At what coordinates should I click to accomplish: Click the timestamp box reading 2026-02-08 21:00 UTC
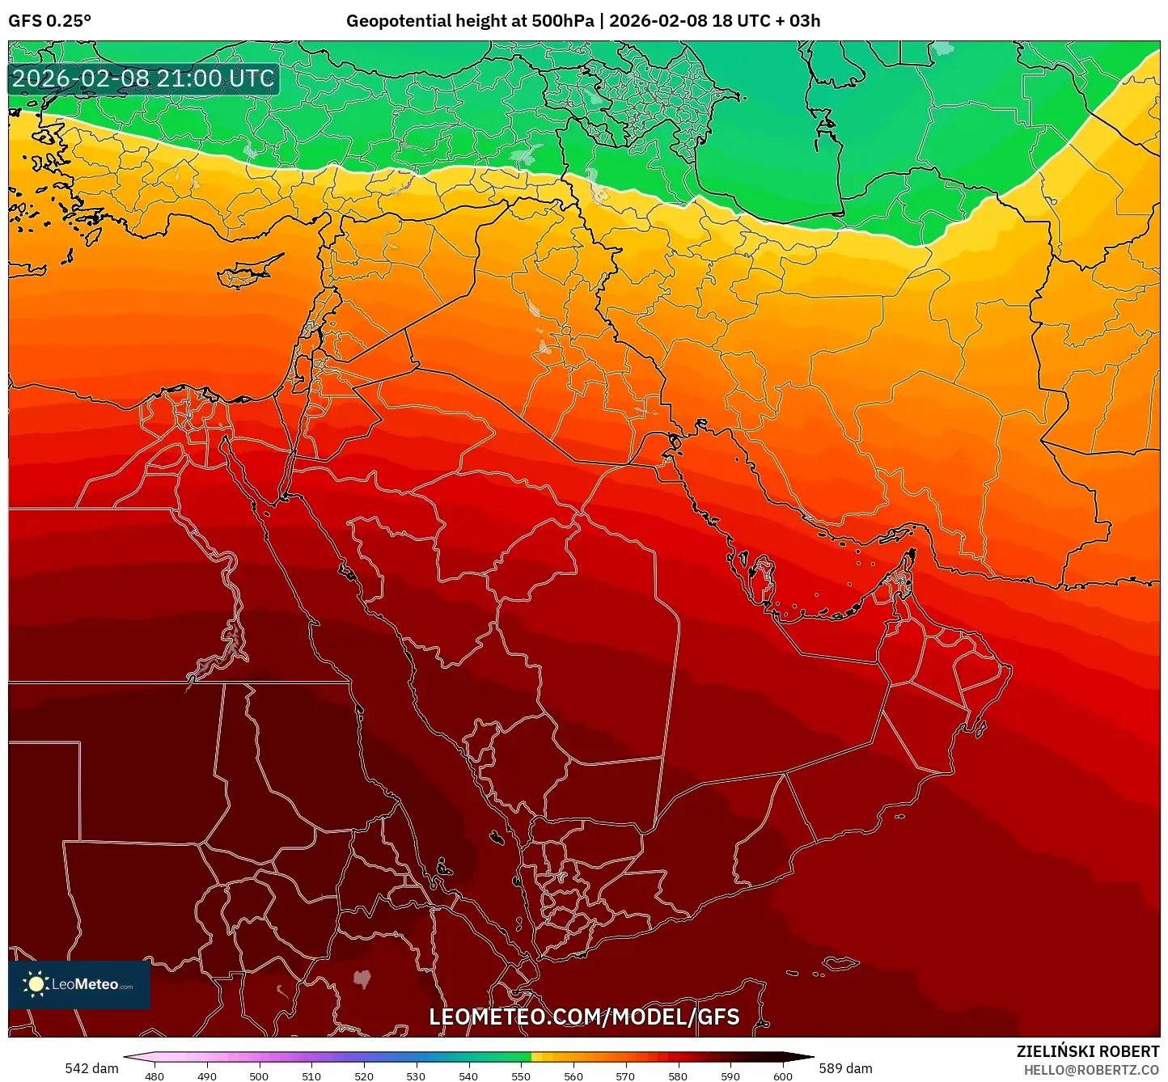(143, 78)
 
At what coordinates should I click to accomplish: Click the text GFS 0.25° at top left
(49, 21)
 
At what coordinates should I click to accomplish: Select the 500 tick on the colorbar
(259, 1076)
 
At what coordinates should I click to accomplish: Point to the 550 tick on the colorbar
(521, 1076)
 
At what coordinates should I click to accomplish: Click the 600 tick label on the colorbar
(782, 1076)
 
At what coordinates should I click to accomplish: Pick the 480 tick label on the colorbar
(154, 1076)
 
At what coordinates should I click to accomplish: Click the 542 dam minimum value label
(91, 1068)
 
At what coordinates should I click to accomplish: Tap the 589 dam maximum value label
(845, 1068)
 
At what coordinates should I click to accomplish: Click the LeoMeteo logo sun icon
(36, 984)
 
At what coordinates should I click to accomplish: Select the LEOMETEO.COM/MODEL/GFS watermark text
(584, 1016)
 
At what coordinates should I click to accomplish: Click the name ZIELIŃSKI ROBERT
(1088, 1051)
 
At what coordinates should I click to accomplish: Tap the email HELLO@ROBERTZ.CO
(1091, 1070)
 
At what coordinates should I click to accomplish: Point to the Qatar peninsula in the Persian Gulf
(762, 576)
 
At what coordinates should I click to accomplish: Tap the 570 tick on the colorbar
(625, 1076)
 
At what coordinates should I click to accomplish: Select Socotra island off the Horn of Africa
(841, 962)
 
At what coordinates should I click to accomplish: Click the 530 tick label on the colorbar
(416, 1076)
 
